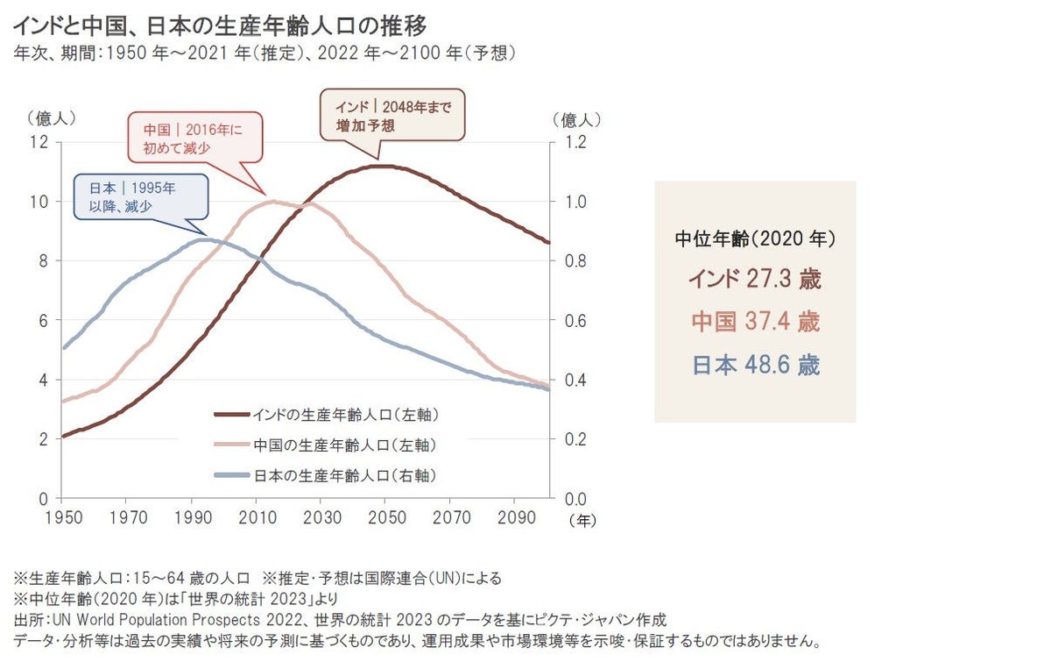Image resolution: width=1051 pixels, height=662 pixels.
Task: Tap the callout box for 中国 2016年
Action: click(194, 138)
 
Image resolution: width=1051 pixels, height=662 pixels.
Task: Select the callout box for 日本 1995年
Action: click(141, 197)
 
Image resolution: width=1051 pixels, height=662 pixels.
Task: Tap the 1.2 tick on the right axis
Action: click(574, 142)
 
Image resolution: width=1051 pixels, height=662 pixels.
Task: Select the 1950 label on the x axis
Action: click(62, 517)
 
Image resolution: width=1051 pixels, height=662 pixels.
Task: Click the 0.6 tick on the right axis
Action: click(574, 320)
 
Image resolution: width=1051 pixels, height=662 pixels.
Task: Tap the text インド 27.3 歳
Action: click(755, 279)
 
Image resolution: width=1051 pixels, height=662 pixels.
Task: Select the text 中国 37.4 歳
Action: click(755, 322)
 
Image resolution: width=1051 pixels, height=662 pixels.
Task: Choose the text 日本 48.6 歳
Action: click(755, 365)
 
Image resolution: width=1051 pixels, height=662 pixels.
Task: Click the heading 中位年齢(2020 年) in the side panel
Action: click(755, 238)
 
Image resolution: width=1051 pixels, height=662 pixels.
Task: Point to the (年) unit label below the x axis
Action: click(582, 520)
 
